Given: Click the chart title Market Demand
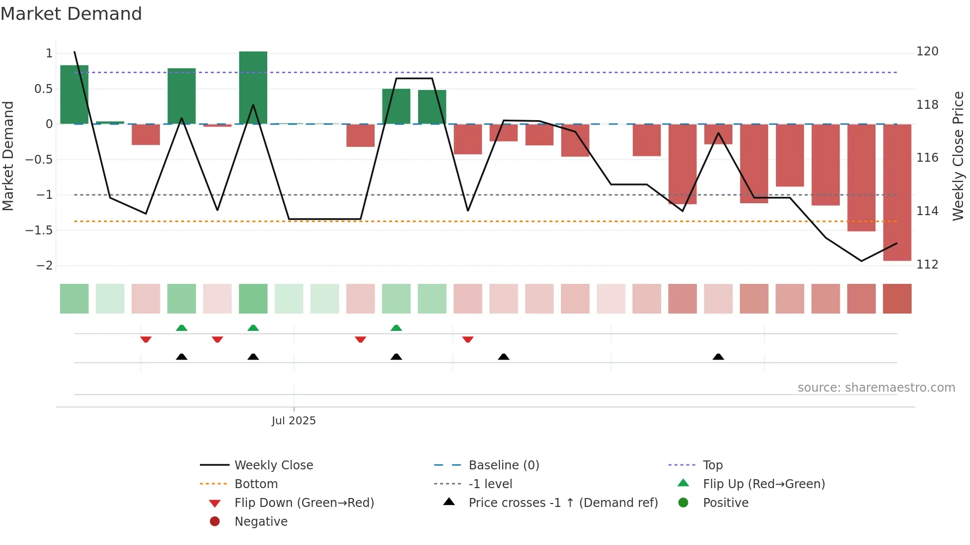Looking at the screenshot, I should click(x=71, y=14).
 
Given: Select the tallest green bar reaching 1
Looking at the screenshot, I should click(x=253, y=88).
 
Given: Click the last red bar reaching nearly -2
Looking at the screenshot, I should click(x=897, y=193).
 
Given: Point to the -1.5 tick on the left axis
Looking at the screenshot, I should click(x=39, y=230).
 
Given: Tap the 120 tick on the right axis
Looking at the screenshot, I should click(x=927, y=51).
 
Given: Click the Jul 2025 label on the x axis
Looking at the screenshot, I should click(x=293, y=420).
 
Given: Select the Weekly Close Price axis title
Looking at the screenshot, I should click(x=958, y=156).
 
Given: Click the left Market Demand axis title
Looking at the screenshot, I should click(x=8, y=156).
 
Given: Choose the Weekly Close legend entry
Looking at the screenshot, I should click(x=273, y=465).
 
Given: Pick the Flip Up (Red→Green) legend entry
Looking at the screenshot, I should click(x=764, y=484).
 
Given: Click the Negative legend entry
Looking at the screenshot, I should click(x=261, y=521).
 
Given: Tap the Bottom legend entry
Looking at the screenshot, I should click(x=256, y=484).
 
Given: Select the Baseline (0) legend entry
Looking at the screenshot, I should click(x=503, y=465).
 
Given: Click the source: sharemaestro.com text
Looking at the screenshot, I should click(x=876, y=387).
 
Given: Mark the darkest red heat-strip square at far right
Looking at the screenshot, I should click(x=897, y=299).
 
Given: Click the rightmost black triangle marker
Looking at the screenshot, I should click(x=718, y=357).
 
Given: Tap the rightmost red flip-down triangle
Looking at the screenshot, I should click(x=468, y=339).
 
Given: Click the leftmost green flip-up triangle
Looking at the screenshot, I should click(x=182, y=328).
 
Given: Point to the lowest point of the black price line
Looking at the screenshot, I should click(x=861, y=261).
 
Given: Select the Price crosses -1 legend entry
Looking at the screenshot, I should click(x=563, y=502).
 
